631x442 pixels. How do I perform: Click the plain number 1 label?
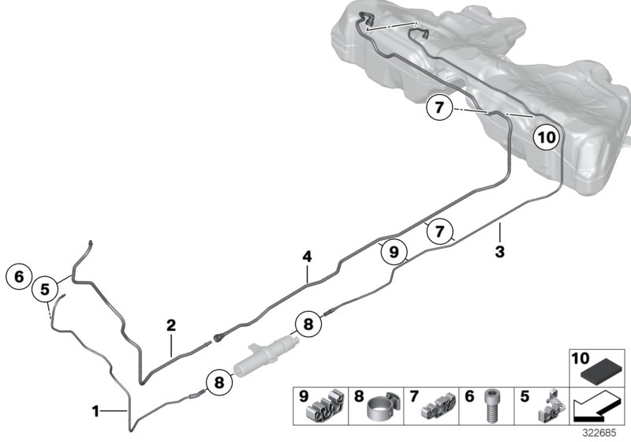coord(95,410)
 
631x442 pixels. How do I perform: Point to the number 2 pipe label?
coord(170,324)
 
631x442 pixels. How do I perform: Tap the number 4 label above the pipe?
coord(308,257)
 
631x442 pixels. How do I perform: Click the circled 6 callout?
coord(19,276)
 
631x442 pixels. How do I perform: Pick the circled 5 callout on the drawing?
coord(47,289)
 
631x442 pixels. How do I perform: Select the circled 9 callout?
coord(393,252)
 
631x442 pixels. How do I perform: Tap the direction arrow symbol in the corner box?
coord(596,408)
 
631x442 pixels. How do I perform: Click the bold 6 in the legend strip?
coord(471,394)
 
